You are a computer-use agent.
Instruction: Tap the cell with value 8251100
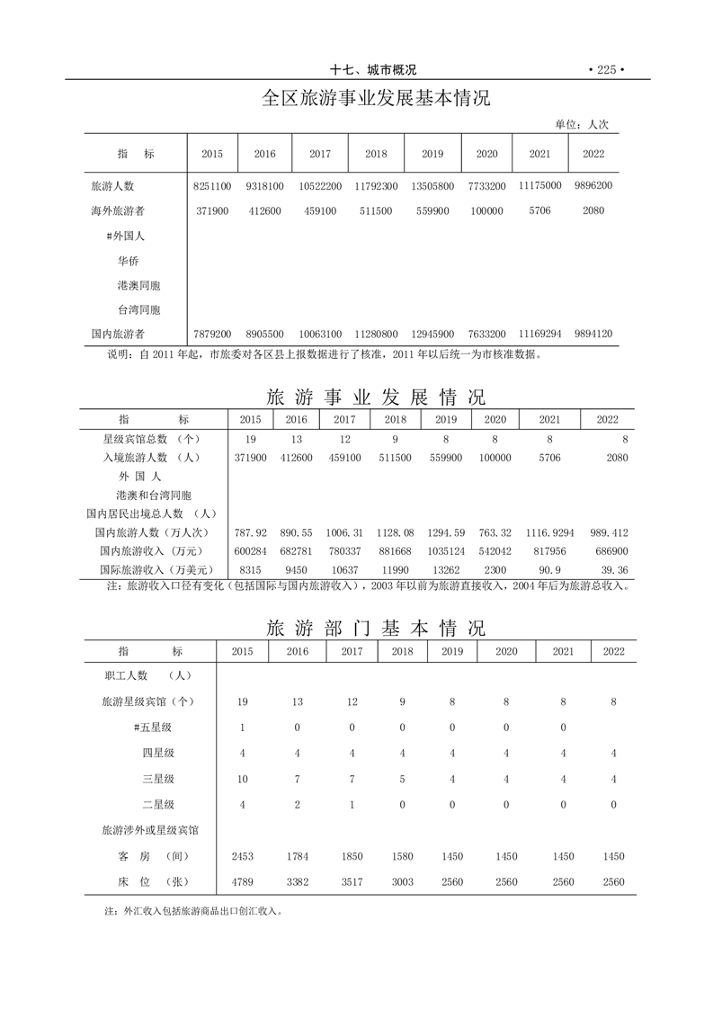click(x=212, y=186)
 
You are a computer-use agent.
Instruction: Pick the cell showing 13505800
click(x=432, y=186)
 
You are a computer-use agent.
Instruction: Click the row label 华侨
click(x=128, y=260)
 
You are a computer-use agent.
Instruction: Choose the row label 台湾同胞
click(x=138, y=309)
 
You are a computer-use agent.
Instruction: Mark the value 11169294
click(x=539, y=334)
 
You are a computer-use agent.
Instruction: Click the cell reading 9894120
click(x=593, y=334)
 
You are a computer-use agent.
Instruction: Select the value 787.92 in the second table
click(x=250, y=533)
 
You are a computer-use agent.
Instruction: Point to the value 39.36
click(x=615, y=569)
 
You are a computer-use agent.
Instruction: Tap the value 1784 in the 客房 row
click(x=297, y=856)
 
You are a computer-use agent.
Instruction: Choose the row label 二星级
click(x=157, y=805)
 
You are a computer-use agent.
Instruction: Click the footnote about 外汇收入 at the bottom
click(x=193, y=911)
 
